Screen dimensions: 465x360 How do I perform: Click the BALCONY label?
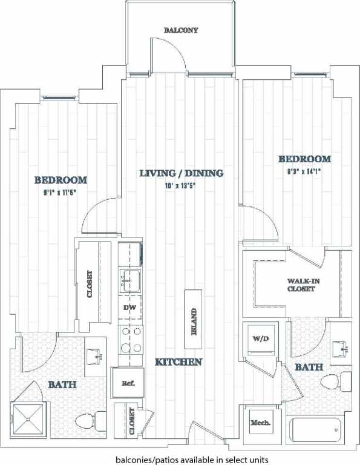(181, 30)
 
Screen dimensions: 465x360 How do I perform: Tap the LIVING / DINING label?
(182, 173)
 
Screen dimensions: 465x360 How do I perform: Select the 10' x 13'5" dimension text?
(181, 186)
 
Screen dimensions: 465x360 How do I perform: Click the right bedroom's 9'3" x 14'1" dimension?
(304, 171)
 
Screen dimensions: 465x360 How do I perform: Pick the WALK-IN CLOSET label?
(301, 285)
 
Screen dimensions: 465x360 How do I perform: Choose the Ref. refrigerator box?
(128, 383)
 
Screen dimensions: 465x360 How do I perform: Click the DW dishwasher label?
(128, 308)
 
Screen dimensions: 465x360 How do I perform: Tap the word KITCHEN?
(178, 362)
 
